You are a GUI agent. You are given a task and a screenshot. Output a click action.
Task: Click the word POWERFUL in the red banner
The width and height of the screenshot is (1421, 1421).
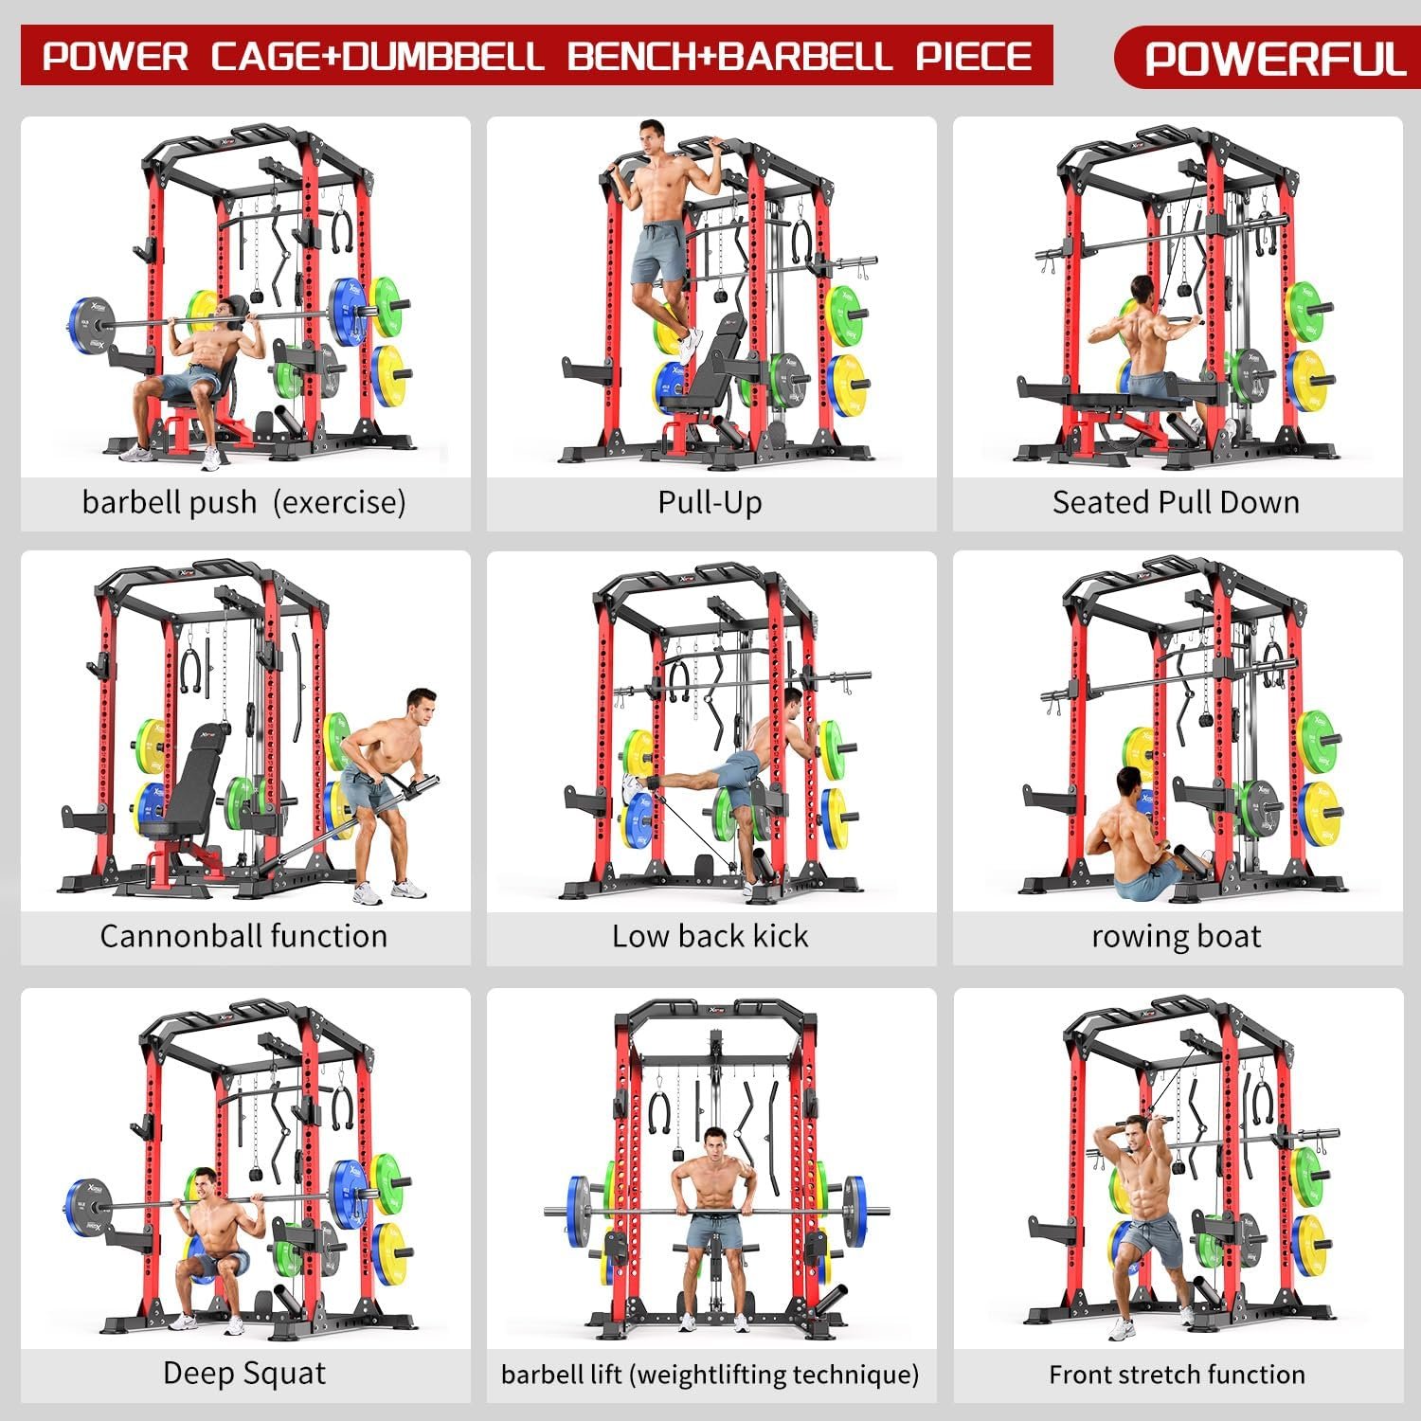(1275, 59)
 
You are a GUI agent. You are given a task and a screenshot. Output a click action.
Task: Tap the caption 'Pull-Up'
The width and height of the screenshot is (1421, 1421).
(710, 502)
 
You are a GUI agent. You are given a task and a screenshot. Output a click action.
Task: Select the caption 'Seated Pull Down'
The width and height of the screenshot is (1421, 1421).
(1176, 502)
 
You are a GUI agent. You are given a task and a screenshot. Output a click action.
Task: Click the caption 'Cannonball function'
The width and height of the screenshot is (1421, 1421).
(243, 936)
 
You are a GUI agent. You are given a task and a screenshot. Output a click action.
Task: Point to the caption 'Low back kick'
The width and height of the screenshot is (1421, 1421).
(710, 936)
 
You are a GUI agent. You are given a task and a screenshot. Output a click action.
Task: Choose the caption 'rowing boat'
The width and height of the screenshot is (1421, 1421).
(1176, 937)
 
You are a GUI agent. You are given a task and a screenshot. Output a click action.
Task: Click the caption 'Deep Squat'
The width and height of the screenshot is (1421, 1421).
(243, 1373)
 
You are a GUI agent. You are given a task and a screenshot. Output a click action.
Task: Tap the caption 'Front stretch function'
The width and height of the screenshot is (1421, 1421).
(1177, 1374)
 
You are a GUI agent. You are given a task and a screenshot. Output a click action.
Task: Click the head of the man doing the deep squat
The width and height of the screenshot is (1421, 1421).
(204, 1182)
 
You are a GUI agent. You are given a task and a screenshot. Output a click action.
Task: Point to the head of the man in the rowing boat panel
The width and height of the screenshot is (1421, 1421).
(1127, 782)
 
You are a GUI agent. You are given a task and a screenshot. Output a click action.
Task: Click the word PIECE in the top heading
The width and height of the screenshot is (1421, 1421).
(974, 56)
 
